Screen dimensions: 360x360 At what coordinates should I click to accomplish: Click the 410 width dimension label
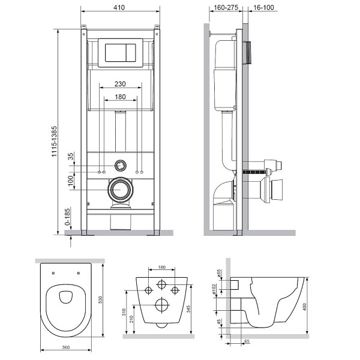tap(119, 7)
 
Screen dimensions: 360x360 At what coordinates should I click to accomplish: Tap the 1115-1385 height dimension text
tap(54, 142)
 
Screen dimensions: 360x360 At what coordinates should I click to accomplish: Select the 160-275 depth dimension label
tap(226, 8)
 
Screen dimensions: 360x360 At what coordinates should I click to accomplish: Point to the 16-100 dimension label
tap(263, 8)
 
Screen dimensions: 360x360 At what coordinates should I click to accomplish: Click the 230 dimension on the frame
tap(120, 84)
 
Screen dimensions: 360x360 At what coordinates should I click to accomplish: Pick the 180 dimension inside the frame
tap(120, 97)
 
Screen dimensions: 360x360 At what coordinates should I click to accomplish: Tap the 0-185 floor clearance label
tap(67, 217)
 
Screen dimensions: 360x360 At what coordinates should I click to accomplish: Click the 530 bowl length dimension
tap(100, 300)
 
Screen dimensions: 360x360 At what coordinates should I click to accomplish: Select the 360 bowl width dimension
tap(65, 347)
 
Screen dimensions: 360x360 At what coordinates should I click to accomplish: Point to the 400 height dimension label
tap(304, 307)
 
